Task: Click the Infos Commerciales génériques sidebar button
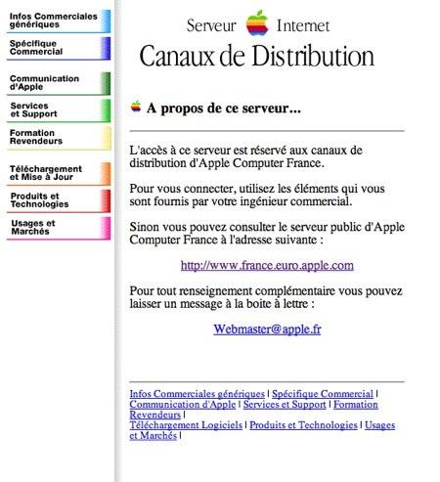[x=54, y=21]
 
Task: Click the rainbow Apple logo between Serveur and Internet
[x=257, y=23]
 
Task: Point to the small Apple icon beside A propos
[x=136, y=107]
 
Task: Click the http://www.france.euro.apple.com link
[x=267, y=265]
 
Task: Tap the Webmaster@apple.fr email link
[x=267, y=329]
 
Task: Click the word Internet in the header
[x=303, y=25]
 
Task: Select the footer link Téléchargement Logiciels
[x=186, y=425]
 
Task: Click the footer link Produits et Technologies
[x=304, y=425]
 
